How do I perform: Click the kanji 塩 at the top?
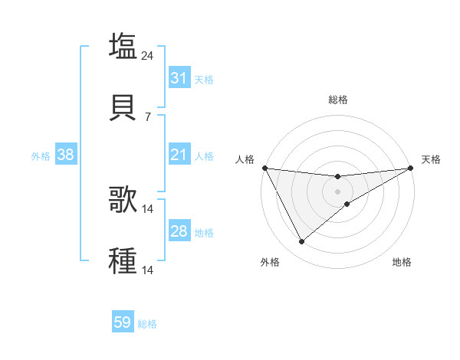pyautogui.click(x=123, y=45)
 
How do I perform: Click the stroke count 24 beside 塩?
pyautogui.click(x=149, y=55)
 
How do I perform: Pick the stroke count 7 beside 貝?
pyautogui.click(x=147, y=117)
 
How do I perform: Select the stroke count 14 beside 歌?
pyautogui.click(x=149, y=208)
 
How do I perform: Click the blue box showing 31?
pyautogui.click(x=179, y=78)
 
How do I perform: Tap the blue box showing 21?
pyautogui.click(x=179, y=155)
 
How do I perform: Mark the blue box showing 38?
pyautogui.click(x=66, y=155)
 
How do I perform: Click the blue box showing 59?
pyautogui.click(x=123, y=323)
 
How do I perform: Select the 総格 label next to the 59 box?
pyautogui.click(x=148, y=324)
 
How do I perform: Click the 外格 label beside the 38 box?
pyautogui.click(x=41, y=156)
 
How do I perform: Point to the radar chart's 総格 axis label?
pyautogui.click(x=338, y=100)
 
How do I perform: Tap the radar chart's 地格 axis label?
pyautogui.click(x=402, y=262)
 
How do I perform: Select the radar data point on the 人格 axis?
pyautogui.click(x=264, y=168)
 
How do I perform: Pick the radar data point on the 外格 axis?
pyautogui.click(x=301, y=242)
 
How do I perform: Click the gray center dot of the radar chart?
pyautogui.click(x=337, y=191)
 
